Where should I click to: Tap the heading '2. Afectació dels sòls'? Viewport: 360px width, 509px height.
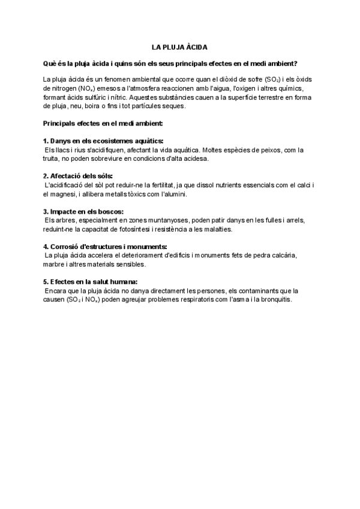pyautogui.click(x=77, y=176)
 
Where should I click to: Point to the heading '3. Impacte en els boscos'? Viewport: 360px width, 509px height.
pyautogui.click(x=83, y=211)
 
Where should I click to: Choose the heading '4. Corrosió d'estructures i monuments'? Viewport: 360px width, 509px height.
pyautogui.click(x=104, y=247)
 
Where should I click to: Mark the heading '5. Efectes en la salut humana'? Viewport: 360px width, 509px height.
pyautogui.click(x=91, y=282)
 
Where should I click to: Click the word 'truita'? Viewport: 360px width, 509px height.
pyautogui.click(x=52, y=159)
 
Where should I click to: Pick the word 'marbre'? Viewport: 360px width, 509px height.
pyautogui.click(x=55, y=265)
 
